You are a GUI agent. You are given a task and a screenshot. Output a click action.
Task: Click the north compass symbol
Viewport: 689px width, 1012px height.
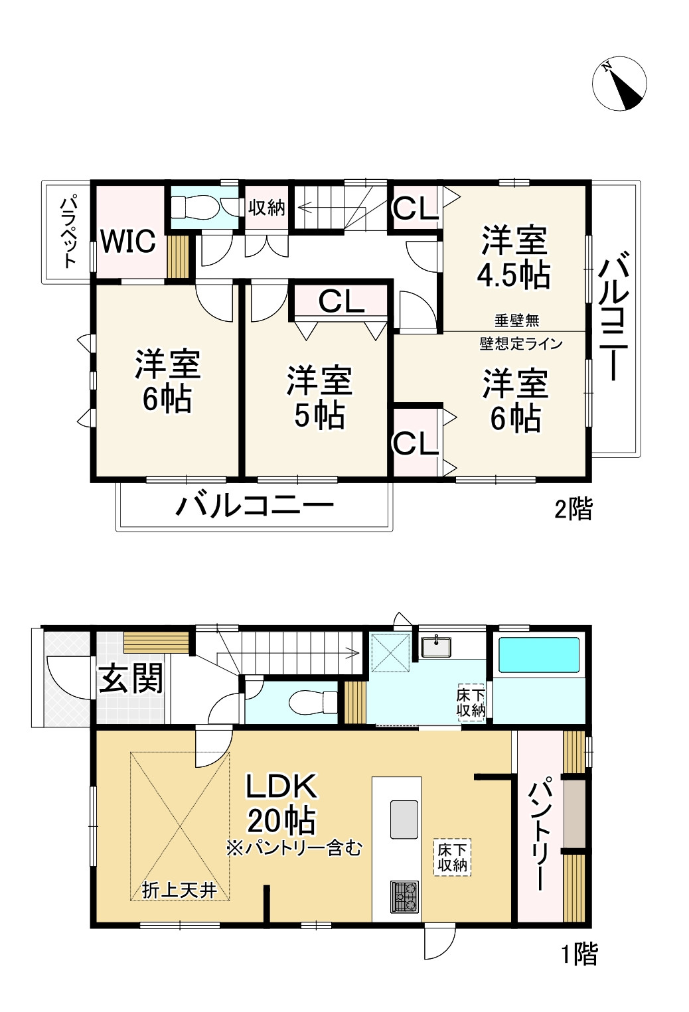[619, 84]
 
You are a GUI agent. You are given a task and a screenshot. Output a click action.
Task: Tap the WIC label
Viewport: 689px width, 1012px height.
[129, 241]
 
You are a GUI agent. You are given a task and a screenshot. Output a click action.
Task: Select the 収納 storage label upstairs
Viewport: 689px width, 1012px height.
[267, 208]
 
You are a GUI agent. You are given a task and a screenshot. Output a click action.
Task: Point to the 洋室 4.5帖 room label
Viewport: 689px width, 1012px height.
[514, 257]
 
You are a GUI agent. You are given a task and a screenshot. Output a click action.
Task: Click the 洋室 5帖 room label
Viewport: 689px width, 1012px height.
[319, 398]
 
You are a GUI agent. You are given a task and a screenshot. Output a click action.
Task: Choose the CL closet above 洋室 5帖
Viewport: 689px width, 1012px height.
[341, 302]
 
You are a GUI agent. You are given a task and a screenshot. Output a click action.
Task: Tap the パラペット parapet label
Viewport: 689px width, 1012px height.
[68, 231]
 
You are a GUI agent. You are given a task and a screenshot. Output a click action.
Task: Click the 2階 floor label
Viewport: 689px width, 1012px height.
[574, 510]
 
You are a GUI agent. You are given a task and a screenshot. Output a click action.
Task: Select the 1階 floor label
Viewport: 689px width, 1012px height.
[579, 954]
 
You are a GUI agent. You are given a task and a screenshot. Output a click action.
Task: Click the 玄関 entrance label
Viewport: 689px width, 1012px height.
[131, 680]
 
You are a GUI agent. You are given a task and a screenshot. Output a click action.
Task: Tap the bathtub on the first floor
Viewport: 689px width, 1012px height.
[538, 656]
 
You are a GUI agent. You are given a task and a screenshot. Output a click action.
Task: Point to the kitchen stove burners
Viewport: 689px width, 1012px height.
[404, 896]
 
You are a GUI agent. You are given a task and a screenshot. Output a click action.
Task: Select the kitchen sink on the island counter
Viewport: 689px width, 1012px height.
[404, 820]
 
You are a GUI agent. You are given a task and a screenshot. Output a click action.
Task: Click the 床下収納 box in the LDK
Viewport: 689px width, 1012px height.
[453, 857]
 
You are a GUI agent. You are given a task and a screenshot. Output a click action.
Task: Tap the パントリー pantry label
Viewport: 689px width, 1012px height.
[537, 835]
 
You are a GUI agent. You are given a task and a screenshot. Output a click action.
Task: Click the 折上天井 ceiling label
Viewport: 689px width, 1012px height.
[180, 890]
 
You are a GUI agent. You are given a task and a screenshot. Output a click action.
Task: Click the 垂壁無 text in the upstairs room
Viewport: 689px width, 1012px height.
[516, 321]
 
